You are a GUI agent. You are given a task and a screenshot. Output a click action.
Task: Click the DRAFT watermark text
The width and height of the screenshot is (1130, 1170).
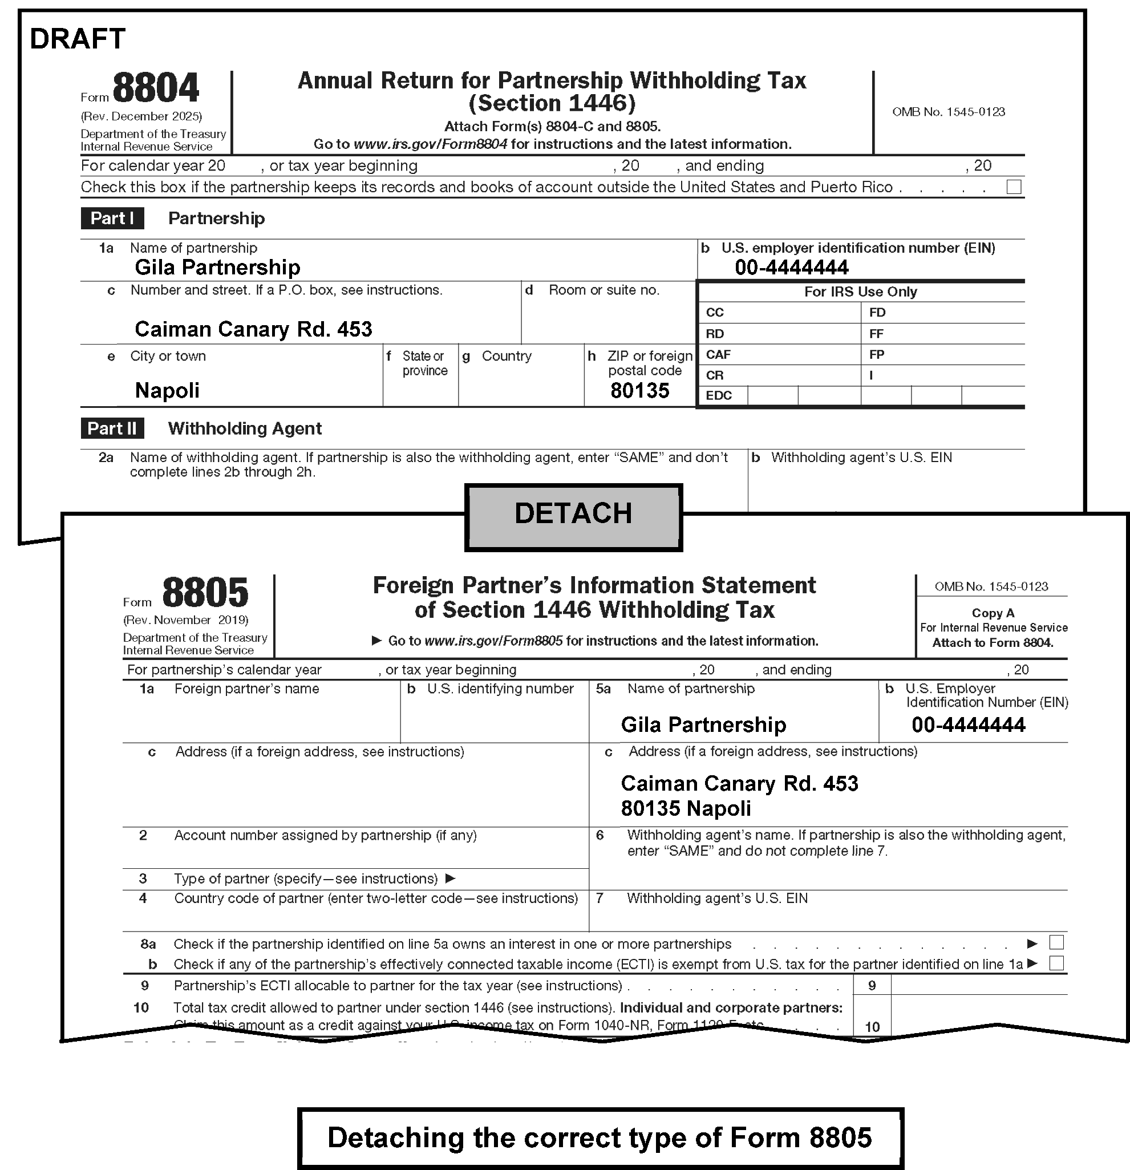pos(78,39)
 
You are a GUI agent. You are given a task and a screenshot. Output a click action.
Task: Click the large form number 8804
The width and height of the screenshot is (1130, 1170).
pos(155,88)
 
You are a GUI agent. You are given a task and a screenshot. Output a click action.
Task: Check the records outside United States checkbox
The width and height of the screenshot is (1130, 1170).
pos(1014,187)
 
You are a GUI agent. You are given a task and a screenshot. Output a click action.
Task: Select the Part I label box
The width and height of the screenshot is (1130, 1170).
pos(112,218)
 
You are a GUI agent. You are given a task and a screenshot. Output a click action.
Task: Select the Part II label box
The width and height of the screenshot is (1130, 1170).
pos(112,428)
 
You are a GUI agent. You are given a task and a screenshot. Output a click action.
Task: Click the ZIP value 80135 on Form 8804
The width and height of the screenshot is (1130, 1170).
pos(639,390)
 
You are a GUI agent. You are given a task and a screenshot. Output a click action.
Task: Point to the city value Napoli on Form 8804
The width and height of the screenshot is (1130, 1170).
pos(167,390)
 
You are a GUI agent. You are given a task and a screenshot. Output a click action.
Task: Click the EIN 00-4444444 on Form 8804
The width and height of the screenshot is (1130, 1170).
pos(791,268)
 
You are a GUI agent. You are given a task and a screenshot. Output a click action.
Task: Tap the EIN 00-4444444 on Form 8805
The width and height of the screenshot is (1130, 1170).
pos(968,724)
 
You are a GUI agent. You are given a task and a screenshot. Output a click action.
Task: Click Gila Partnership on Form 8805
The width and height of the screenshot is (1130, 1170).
pos(703,724)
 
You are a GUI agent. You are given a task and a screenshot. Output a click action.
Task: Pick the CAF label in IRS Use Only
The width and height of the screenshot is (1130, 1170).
pos(718,355)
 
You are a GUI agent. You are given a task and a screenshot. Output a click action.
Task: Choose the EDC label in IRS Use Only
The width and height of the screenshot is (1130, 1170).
pos(718,396)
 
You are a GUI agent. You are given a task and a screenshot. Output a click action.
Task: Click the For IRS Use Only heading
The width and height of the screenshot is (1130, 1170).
pos(860,292)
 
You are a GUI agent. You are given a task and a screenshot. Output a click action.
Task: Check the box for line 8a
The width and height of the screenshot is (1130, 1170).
pos(1056,942)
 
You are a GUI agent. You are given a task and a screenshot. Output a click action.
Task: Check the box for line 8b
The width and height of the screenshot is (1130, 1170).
pos(1056,963)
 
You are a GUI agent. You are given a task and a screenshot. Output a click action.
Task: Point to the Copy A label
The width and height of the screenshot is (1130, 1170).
pos(993,613)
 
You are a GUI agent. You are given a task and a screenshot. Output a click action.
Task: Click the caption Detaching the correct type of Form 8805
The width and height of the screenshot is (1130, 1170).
pos(600,1137)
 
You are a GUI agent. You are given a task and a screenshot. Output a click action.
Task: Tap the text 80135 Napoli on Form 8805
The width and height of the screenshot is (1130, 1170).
pos(686,808)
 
